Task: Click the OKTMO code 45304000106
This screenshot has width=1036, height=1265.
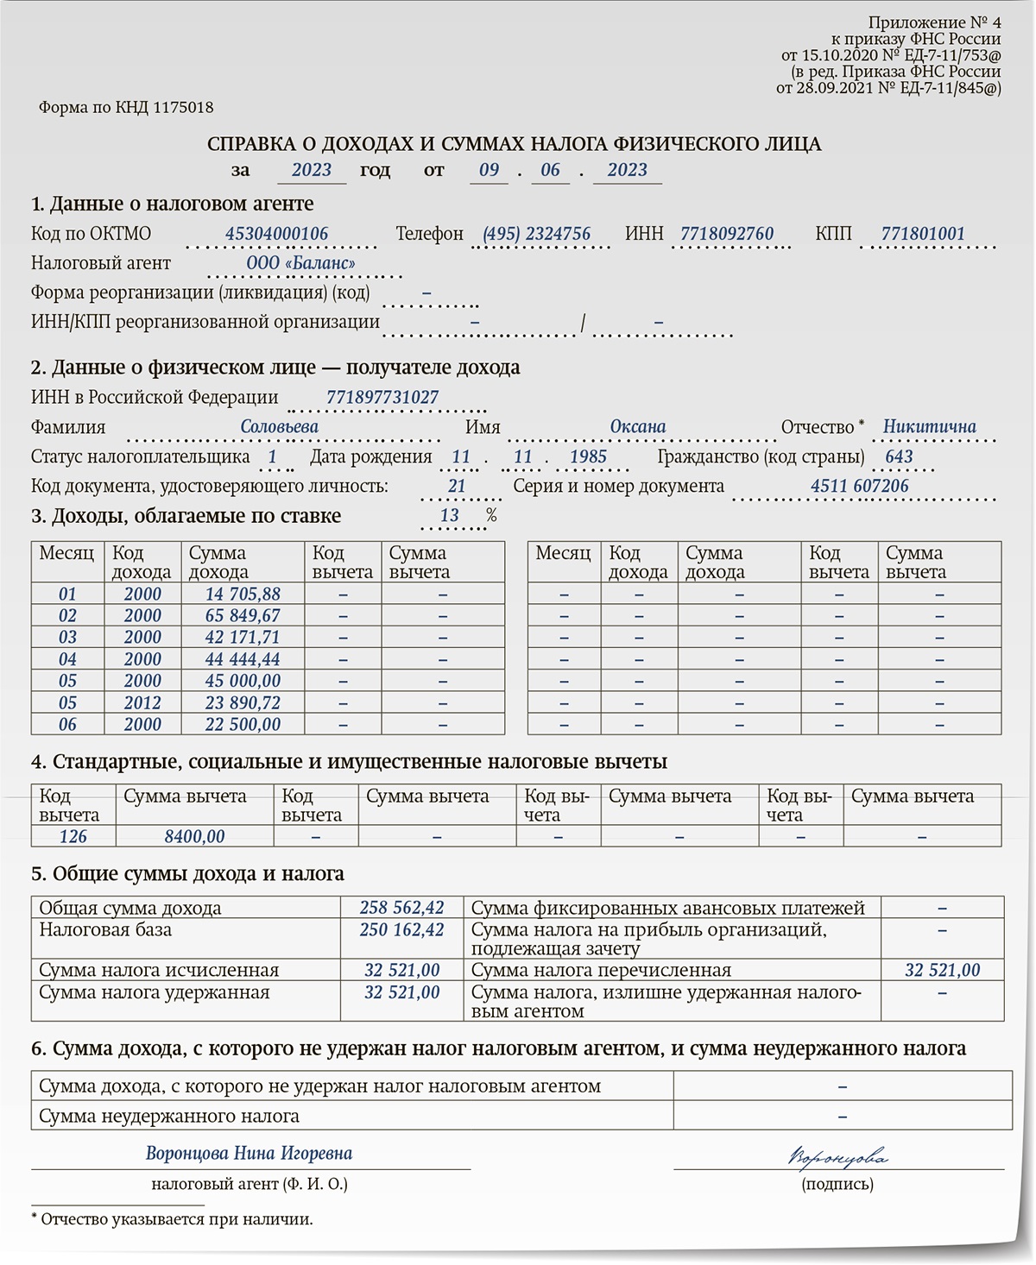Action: tap(276, 234)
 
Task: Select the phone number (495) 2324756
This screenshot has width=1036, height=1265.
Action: tap(536, 234)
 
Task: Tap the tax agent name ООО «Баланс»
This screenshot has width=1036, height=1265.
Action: tap(300, 263)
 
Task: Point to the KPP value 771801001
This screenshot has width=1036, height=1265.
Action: tap(923, 234)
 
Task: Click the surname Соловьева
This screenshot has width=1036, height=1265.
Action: tap(279, 427)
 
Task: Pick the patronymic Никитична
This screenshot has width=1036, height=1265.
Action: tap(929, 427)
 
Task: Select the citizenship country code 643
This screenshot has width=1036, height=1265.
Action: tap(899, 456)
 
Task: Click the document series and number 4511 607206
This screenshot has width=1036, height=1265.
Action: tap(859, 486)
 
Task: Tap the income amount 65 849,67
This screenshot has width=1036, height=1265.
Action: tap(243, 616)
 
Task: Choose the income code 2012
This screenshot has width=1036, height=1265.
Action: tap(142, 702)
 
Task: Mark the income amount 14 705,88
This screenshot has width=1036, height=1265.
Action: tap(243, 595)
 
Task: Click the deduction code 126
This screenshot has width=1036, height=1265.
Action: tap(73, 836)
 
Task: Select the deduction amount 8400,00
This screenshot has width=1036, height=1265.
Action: tap(194, 836)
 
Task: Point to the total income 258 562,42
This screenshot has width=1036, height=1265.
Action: tap(401, 908)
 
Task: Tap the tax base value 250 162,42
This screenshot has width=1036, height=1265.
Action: tap(401, 930)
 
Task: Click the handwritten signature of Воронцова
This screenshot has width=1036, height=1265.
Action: tap(837, 1156)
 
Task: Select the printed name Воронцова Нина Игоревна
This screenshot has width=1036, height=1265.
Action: tap(249, 1154)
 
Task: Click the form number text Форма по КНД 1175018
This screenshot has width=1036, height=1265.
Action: tap(126, 108)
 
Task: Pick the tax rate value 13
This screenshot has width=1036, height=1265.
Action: tap(449, 516)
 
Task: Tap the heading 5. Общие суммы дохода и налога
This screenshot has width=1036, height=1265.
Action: tap(187, 873)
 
